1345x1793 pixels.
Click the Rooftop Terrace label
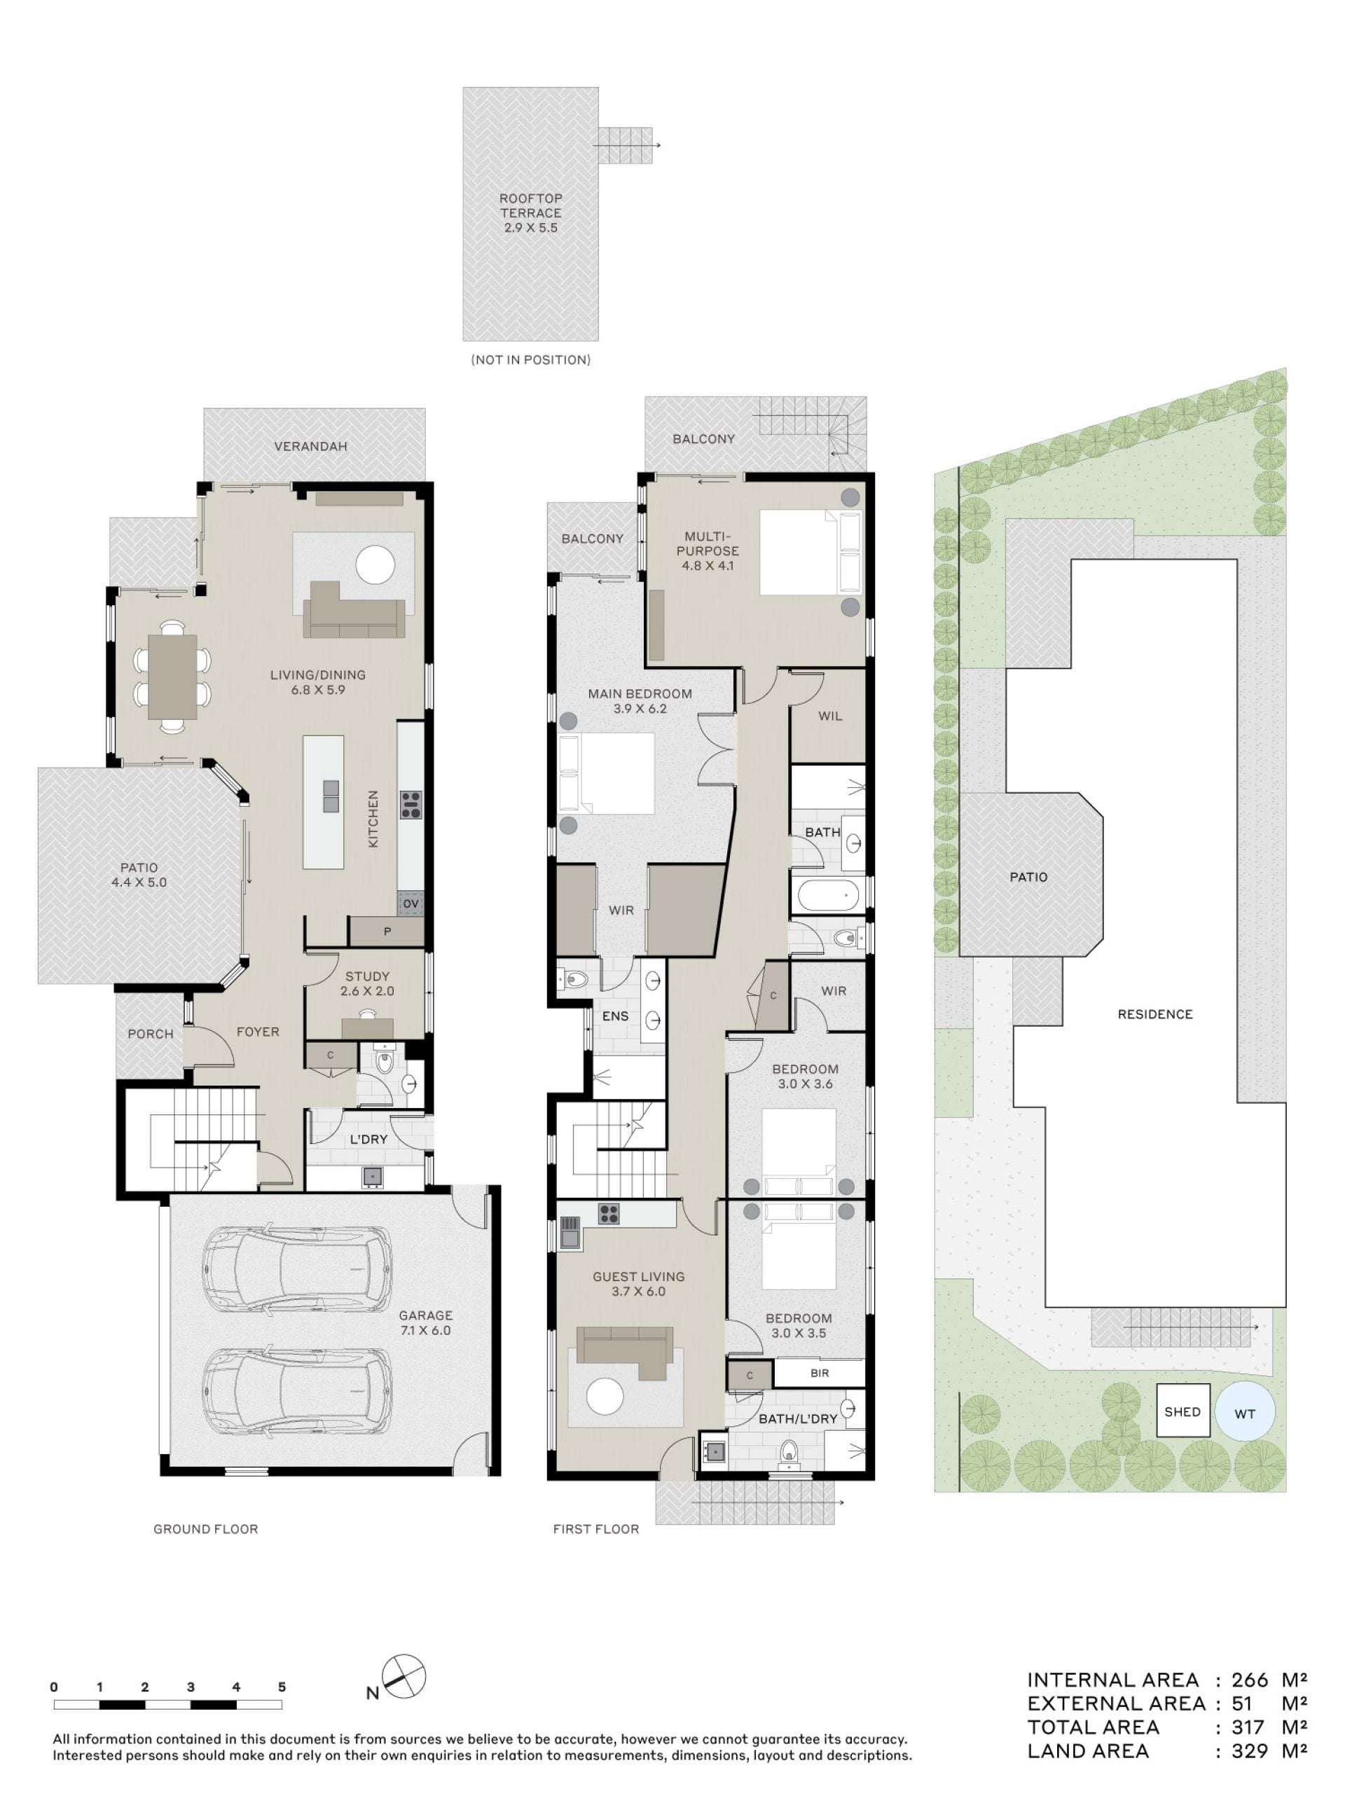530,212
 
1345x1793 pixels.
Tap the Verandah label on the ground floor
310,447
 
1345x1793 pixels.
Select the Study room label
367,983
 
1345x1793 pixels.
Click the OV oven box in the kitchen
411,904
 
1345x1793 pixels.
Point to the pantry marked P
387,932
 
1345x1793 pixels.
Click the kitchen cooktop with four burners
411,805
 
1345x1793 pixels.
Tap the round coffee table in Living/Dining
376,565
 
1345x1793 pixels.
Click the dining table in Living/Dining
173,677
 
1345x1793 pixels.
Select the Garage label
426,1323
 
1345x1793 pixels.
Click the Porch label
151,1034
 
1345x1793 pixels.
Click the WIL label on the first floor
830,716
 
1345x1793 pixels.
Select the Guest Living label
639,1284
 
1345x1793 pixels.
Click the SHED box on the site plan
1183,1411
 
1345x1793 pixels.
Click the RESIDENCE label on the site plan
1155,1014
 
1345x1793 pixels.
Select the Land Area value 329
1249,1751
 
